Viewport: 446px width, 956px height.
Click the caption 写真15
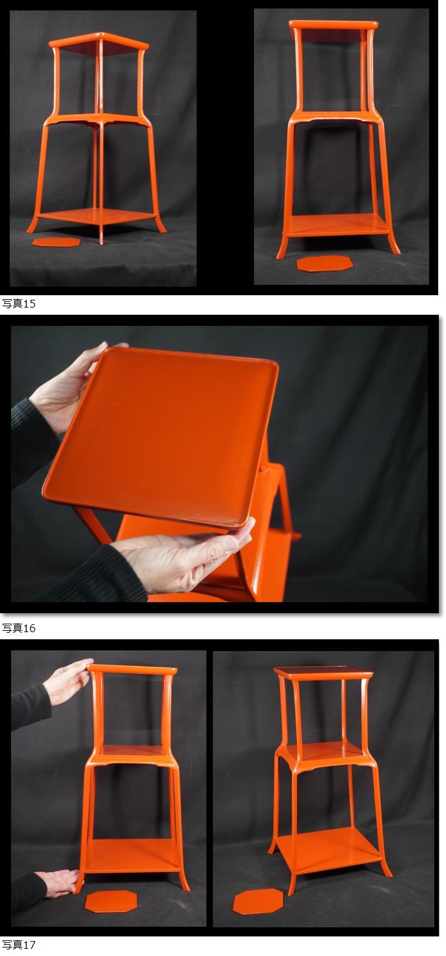(19, 304)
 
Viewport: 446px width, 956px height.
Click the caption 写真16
(19, 628)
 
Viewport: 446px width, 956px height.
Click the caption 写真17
(19, 945)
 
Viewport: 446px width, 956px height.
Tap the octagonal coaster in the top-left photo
(56, 242)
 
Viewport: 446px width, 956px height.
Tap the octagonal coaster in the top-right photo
(324, 263)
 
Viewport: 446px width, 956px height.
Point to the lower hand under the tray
(184, 555)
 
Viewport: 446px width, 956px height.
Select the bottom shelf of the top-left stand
(96, 216)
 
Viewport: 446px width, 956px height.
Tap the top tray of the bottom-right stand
(324, 671)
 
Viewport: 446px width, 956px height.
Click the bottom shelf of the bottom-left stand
(132, 856)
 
